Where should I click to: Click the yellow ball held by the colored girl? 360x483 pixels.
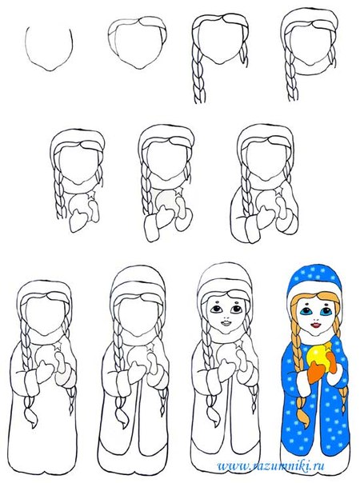[x=319, y=358]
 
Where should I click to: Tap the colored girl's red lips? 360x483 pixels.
[x=316, y=325]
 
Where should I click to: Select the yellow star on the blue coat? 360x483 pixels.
[x=329, y=345]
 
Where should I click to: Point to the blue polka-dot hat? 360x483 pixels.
[x=314, y=279]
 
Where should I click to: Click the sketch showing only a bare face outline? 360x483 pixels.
[x=49, y=49]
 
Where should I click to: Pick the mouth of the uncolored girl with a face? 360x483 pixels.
[x=225, y=324]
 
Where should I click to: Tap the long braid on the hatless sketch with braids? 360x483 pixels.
[x=198, y=73]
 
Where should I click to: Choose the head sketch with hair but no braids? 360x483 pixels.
[x=138, y=42]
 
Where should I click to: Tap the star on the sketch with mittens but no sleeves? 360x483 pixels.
[x=92, y=194]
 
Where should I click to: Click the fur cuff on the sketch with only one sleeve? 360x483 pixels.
[x=152, y=230]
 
